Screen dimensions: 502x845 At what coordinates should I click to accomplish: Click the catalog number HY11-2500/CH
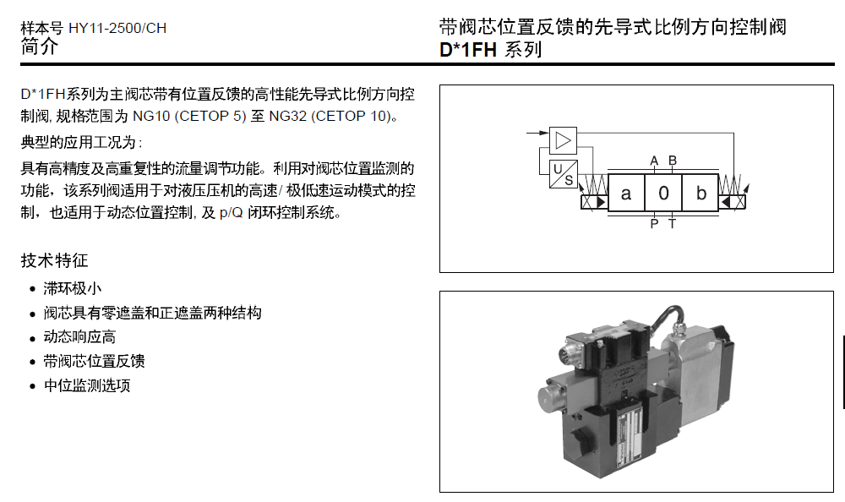(117, 28)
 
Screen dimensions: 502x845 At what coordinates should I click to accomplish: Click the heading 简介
(40, 47)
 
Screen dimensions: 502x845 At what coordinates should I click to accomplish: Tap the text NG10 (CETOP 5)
(188, 116)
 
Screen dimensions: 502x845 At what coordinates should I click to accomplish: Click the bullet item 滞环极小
(73, 288)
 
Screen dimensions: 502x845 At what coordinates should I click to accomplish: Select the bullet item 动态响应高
(79, 337)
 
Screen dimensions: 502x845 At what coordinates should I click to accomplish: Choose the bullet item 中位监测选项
(87, 386)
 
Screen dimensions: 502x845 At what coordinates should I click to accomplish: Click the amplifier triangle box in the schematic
(561, 139)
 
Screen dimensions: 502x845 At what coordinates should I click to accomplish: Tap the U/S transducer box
(562, 173)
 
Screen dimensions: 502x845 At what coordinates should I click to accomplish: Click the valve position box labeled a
(626, 194)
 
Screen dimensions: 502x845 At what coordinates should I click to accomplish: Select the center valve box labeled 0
(663, 194)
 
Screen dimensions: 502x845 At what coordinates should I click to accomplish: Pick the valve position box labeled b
(701, 194)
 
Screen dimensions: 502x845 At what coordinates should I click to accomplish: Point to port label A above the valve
(654, 161)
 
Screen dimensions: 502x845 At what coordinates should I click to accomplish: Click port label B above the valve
(673, 161)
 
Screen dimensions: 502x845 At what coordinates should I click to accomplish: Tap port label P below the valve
(654, 224)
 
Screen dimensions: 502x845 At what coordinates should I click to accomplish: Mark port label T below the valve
(673, 224)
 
